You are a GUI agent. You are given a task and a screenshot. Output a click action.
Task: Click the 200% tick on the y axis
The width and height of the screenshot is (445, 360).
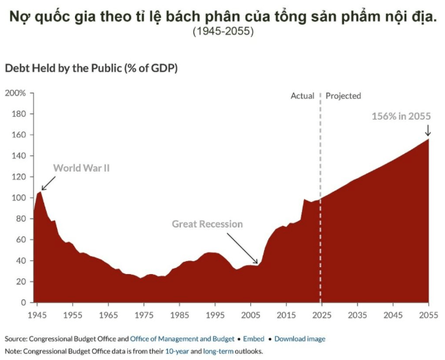tap(16, 93)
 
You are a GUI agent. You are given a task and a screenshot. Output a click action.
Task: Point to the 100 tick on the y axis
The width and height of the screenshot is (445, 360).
tap(19, 197)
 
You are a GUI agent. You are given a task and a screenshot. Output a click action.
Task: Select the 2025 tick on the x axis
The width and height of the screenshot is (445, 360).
tap(320, 315)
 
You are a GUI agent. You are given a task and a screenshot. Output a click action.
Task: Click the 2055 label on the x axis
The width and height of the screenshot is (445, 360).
tap(428, 315)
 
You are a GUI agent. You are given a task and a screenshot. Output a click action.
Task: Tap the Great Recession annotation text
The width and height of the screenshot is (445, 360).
tap(207, 224)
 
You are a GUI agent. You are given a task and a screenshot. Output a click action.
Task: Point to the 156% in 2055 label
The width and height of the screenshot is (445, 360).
tap(401, 116)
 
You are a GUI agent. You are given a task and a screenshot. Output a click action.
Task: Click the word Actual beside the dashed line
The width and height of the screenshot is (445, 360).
tap(302, 96)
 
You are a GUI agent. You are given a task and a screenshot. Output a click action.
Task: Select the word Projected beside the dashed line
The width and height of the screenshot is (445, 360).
tap(343, 96)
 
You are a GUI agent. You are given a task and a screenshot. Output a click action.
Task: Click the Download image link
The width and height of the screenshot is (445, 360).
tap(300, 339)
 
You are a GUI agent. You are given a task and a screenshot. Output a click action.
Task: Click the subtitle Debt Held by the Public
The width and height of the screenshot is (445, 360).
tap(91, 68)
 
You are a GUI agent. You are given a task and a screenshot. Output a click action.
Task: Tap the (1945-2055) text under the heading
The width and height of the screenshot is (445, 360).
tap(223, 32)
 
